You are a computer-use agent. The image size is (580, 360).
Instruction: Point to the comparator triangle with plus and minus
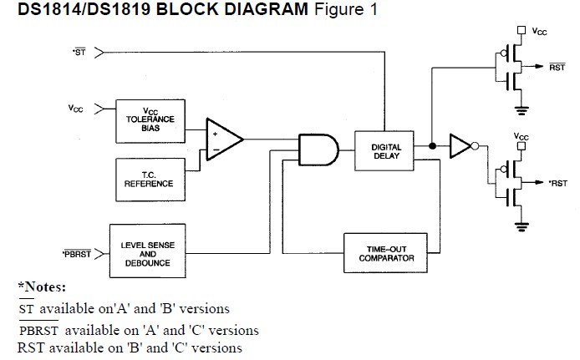pos(223,137)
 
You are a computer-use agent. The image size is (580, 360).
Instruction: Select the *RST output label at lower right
pos(557,181)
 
